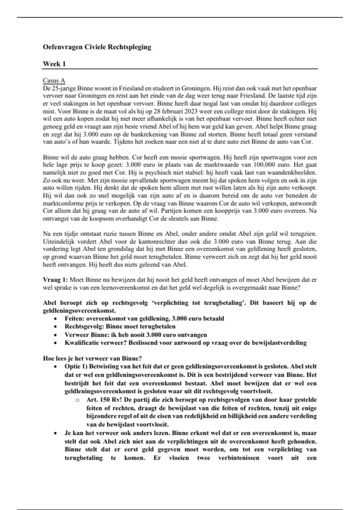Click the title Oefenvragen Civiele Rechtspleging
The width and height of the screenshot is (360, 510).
click(97, 47)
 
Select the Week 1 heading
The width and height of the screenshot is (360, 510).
click(54, 64)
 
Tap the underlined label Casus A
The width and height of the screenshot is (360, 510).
click(54, 80)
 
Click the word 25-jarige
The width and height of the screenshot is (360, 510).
click(64, 88)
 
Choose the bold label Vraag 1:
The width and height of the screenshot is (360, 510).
click(55, 280)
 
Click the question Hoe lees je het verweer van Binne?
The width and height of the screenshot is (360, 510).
click(92, 358)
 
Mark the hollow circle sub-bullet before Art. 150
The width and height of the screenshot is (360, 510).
click(77, 400)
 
